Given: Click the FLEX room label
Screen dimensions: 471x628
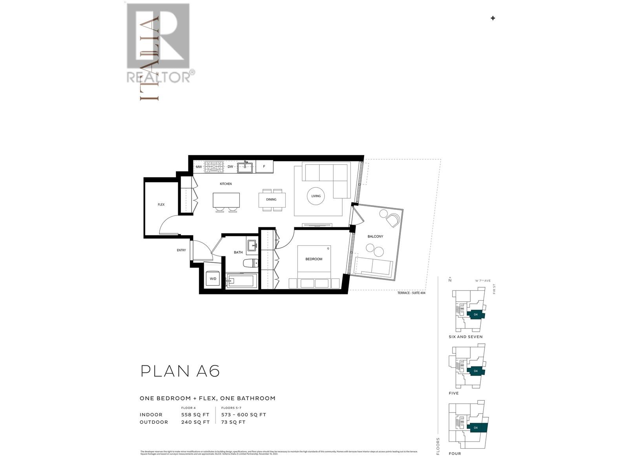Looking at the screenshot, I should (x=161, y=204).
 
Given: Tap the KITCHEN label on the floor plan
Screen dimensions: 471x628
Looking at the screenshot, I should (x=226, y=184).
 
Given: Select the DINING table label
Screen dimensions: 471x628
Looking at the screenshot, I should (x=271, y=199).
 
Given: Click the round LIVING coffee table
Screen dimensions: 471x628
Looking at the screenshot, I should (x=316, y=196).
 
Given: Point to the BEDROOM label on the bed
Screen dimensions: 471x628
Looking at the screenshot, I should (x=314, y=259).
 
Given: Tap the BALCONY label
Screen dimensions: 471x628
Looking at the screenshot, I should (x=375, y=236).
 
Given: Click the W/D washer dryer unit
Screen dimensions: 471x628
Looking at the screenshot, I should (x=213, y=278).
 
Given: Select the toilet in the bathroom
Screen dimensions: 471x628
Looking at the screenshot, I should (x=250, y=263).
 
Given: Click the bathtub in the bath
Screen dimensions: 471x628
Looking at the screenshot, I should (x=242, y=281).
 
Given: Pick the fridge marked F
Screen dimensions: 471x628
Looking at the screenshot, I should (x=264, y=166).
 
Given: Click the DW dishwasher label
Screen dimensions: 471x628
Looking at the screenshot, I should (x=230, y=167).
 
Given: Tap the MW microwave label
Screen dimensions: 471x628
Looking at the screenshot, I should (x=199, y=167).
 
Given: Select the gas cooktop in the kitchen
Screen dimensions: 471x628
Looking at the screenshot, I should (x=214, y=167).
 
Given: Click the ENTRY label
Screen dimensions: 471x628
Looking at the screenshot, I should (x=181, y=250).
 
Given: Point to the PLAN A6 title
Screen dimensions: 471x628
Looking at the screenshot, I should (x=180, y=371).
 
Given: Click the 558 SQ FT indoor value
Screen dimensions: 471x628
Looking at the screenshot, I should (x=195, y=414).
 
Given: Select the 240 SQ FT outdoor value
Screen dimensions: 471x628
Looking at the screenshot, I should (x=195, y=422).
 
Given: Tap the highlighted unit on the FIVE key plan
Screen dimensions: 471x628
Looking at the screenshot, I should (x=476, y=371).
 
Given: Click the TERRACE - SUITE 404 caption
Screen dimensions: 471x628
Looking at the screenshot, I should (x=411, y=293).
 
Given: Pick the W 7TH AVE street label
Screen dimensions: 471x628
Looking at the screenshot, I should (x=482, y=281).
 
